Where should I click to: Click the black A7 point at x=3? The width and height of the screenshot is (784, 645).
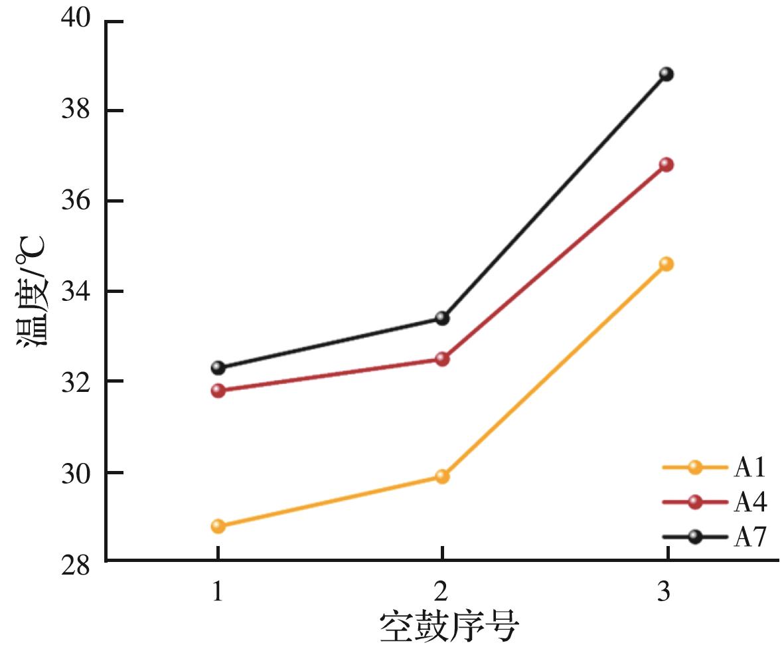pyautogui.click(x=666, y=74)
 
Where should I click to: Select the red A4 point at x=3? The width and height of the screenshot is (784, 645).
pyautogui.click(x=666, y=164)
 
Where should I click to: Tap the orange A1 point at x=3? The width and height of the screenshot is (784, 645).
pyautogui.click(x=666, y=264)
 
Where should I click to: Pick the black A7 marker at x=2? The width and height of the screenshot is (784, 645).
pyautogui.click(x=442, y=318)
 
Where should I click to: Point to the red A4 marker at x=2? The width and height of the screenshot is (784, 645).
pyautogui.click(x=442, y=359)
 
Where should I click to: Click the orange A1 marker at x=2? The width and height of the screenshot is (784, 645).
pyautogui.click(x=442, y=476)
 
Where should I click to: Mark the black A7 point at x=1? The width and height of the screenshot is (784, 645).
pyautogui.click(x=218, y=367)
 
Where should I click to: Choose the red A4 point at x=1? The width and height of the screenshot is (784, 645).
pyautogui.click(x=218, y=391)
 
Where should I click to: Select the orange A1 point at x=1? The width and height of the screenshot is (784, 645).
pyautogui.click(x=218, y=526)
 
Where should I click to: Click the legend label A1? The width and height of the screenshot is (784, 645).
pyautogui.click(x=750, y=468)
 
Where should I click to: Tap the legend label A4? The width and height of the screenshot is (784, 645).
pyautogui.click(x=750, y=503)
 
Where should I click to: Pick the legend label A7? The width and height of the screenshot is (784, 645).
pyautogui.click(x=750, y=537)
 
